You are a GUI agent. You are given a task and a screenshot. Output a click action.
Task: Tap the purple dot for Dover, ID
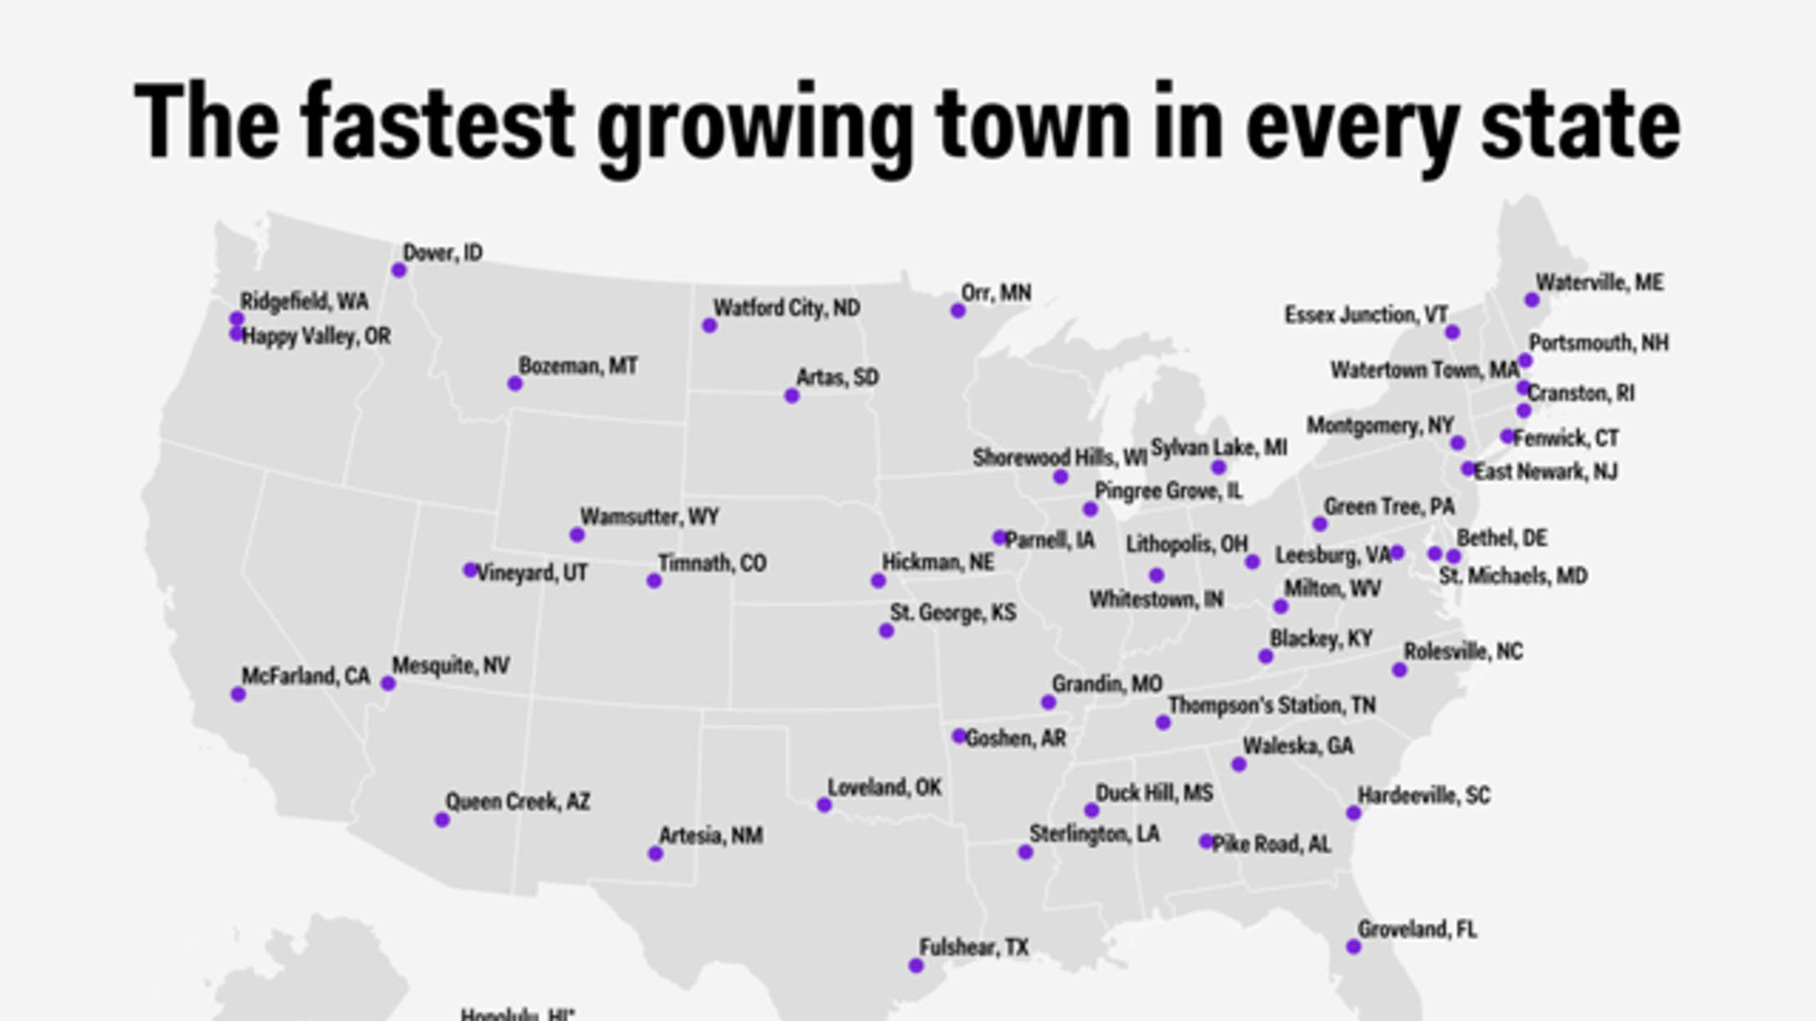point(399,270)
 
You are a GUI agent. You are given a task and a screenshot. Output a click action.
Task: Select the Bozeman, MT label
point(578,366)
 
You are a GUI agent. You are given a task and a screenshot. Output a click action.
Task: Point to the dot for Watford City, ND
point(709,326)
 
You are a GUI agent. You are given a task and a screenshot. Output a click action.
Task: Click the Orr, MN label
point(996,293)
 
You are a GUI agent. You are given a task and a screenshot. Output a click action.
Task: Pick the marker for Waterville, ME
point(1532,300)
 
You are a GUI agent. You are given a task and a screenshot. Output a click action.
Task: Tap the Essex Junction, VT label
point(1366,315)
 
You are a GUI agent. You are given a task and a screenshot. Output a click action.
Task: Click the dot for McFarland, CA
point(238,695)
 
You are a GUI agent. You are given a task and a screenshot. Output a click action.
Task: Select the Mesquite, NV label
point(451,666)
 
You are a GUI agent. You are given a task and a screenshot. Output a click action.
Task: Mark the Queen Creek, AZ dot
point(442,820)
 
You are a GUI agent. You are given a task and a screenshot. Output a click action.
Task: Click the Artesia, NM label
point(711,836)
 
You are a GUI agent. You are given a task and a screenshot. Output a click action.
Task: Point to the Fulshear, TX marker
point(916,965)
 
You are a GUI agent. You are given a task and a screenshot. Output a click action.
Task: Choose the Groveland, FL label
point(1417,930)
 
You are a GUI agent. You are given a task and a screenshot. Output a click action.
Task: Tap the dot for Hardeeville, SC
point(1354,813)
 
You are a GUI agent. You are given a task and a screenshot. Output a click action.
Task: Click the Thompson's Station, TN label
point(1271,705)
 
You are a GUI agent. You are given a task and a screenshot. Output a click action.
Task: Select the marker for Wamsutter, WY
point(577,535)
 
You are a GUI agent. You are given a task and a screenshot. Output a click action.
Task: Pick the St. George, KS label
point(953,613)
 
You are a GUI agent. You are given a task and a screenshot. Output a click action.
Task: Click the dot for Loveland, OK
point(824,805)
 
